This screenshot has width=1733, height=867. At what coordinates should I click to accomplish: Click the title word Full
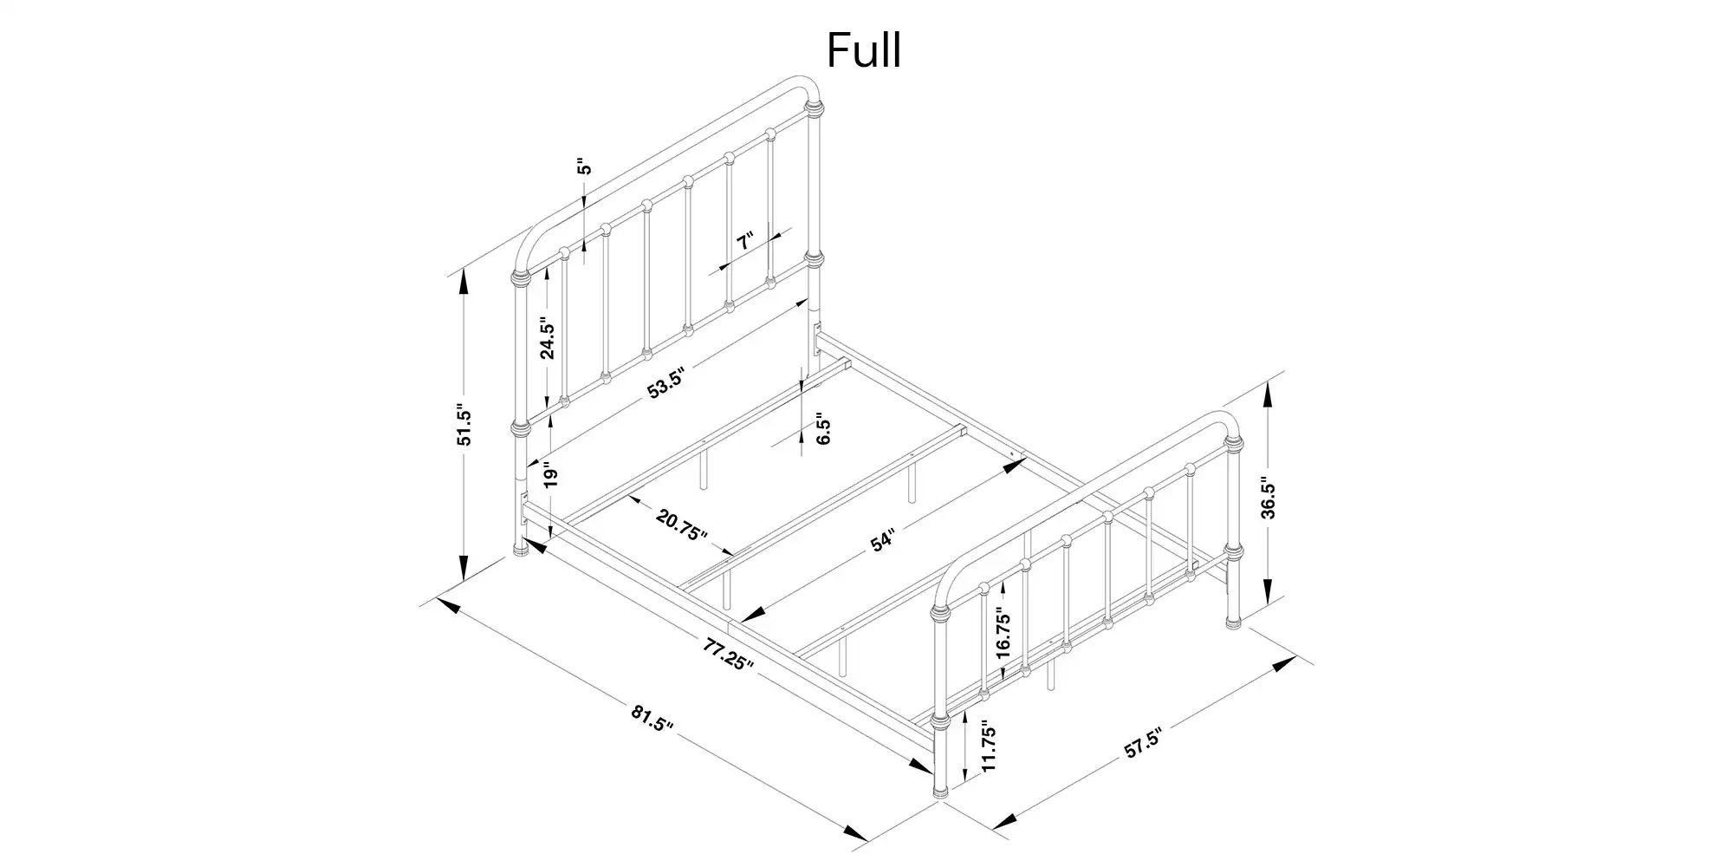click(864, 50)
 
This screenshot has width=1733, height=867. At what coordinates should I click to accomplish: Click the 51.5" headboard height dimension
click(465, 425)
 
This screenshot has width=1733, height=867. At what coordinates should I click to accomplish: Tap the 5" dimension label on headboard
click(585, 166)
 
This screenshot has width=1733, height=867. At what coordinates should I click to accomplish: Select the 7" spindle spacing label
click(745, 241)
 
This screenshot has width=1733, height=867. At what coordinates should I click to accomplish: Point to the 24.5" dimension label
click(547, 341)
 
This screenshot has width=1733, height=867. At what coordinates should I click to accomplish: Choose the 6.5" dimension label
click(823, 433)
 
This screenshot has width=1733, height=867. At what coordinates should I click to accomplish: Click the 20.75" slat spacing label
click(682, 525)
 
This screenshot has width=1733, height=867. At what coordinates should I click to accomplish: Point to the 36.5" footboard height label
click(1269, 498)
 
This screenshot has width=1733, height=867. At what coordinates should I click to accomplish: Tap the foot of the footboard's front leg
click(940, 792)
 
